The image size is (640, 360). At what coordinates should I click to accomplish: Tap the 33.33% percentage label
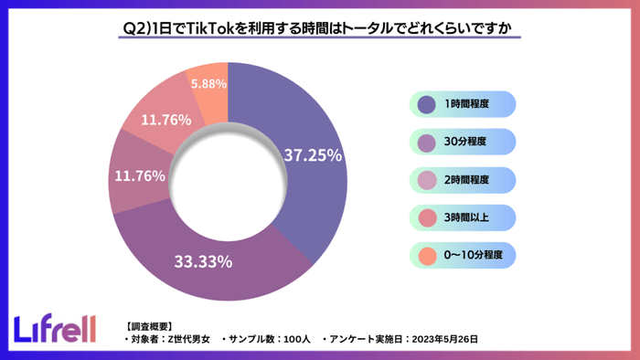(x=203, y=262)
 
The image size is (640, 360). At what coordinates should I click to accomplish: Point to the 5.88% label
(x=208, y=83)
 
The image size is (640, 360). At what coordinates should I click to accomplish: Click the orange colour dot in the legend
(x=426, y=254)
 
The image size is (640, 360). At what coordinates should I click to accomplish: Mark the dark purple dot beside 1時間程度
(x=426, y=105)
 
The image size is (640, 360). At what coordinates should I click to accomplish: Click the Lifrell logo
(x=55, y=328)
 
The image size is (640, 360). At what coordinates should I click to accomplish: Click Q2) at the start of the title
(x=135, y=28)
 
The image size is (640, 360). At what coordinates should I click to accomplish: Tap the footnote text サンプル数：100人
(x=265, y=339)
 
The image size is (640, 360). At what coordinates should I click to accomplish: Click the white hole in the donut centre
(x=228, y=181)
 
